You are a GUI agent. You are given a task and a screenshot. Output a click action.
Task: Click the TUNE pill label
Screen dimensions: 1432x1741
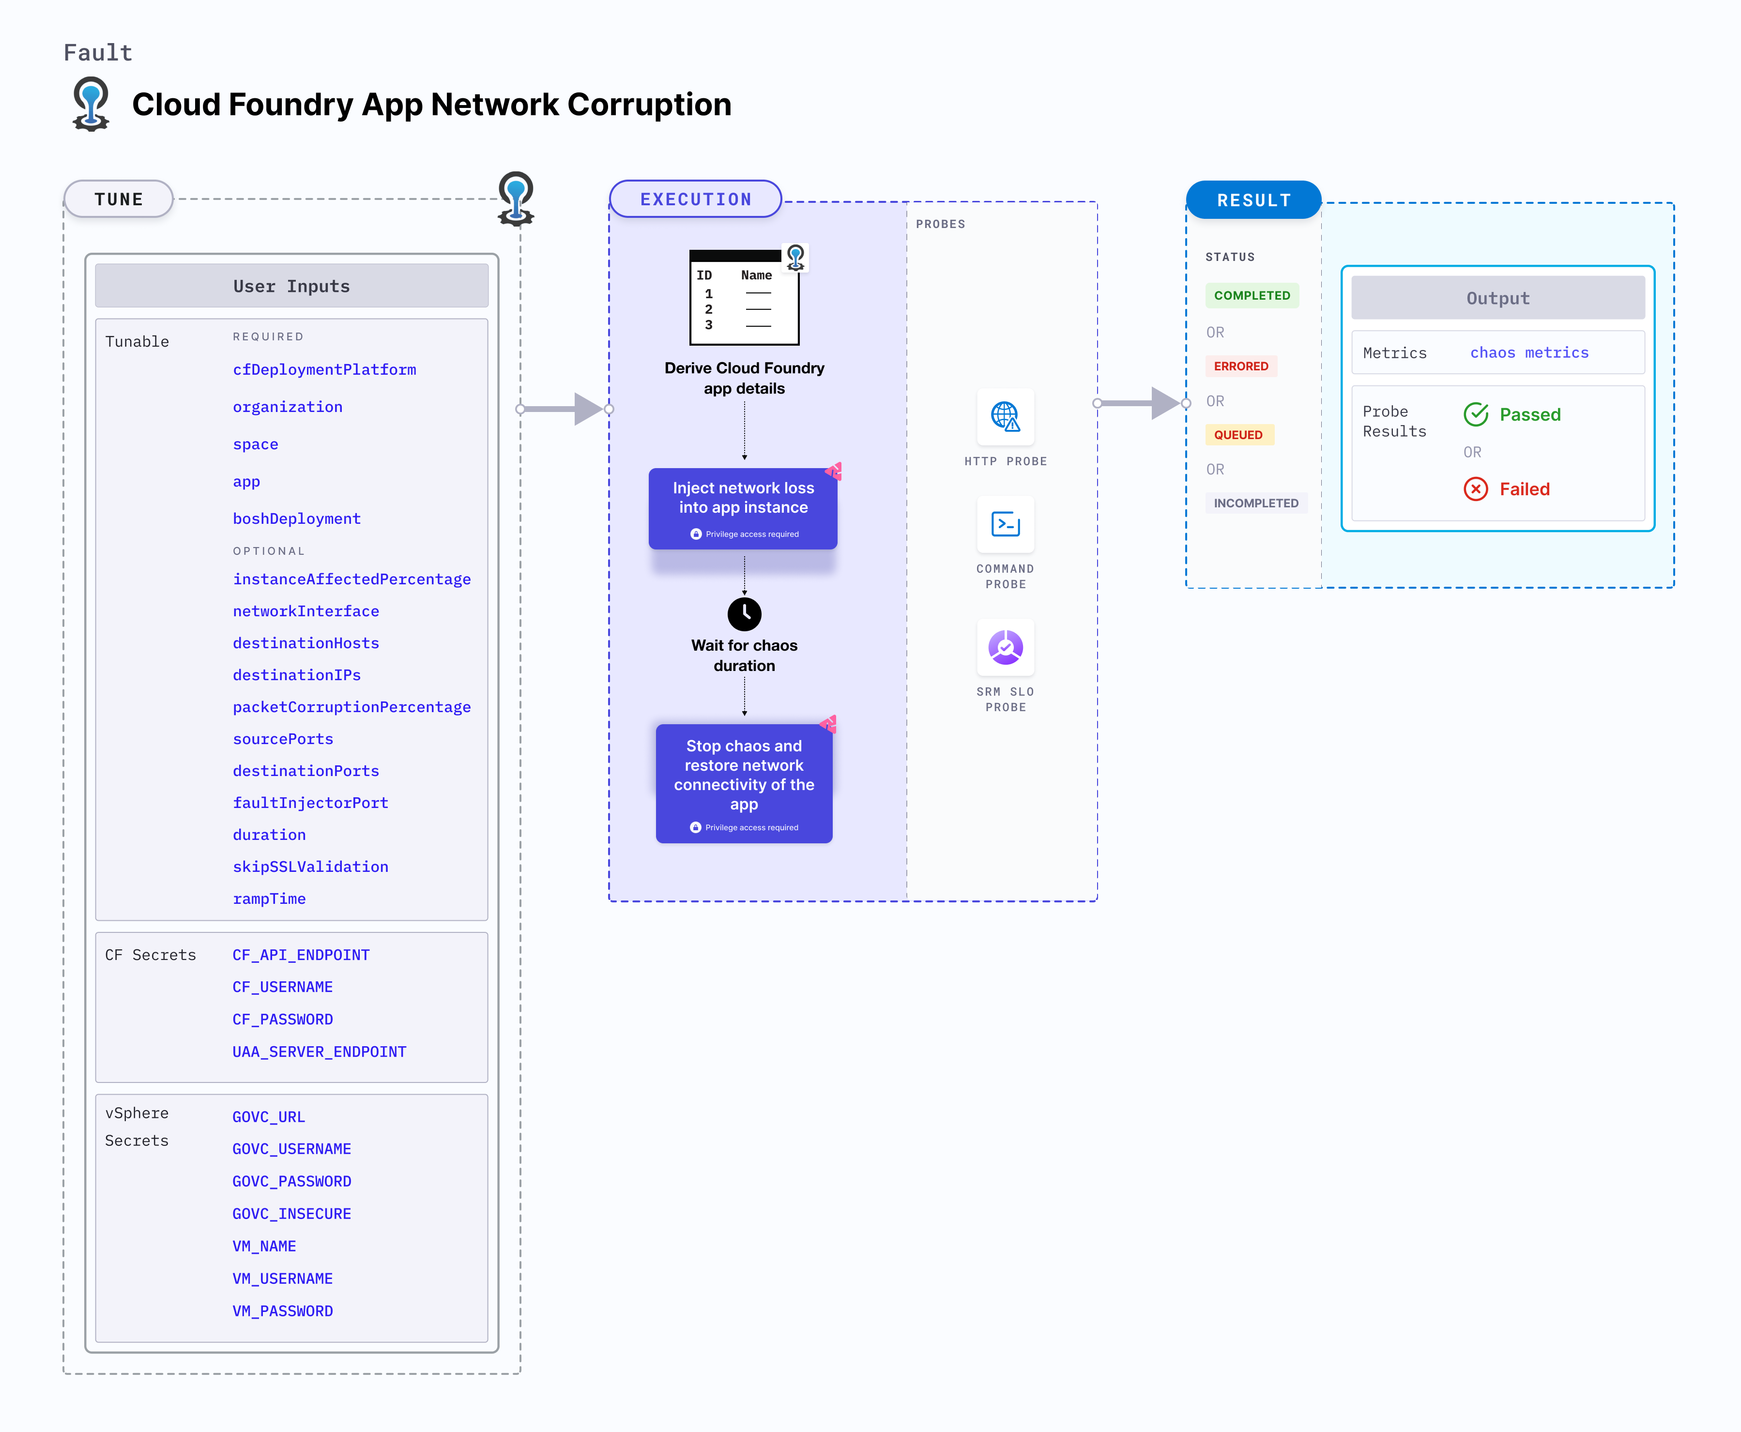coord(119,199)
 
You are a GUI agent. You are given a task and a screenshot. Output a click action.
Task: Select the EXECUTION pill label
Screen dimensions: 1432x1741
coord(695,199)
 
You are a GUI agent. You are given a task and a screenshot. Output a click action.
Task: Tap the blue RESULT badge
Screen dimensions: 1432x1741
coord(1253,200)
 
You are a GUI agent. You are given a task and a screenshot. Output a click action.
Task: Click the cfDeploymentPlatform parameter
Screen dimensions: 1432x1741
coord(324,369)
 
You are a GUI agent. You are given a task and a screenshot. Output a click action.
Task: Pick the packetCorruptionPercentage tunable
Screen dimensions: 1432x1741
coord(351,707)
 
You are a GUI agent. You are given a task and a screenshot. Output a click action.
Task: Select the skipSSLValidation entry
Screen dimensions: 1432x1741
coord(310,866)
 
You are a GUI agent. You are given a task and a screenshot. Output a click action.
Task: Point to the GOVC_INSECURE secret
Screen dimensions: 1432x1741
coord(291,1213)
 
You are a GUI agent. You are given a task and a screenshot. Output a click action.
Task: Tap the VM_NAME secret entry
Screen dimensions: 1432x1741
coord(264,1246)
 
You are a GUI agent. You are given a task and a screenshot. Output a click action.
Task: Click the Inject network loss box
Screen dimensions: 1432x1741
coord(743,507)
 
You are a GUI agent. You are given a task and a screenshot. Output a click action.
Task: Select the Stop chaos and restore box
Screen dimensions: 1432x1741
coord(743,782)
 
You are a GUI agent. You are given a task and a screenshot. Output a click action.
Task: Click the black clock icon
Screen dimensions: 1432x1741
coord(744,614)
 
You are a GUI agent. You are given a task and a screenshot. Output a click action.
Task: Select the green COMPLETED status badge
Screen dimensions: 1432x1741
coord(1251,295)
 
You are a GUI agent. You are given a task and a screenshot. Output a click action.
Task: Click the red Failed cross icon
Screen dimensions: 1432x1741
coord(1475,489)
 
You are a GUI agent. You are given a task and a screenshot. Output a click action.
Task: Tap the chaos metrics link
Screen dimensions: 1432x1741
coord(1528,352)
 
